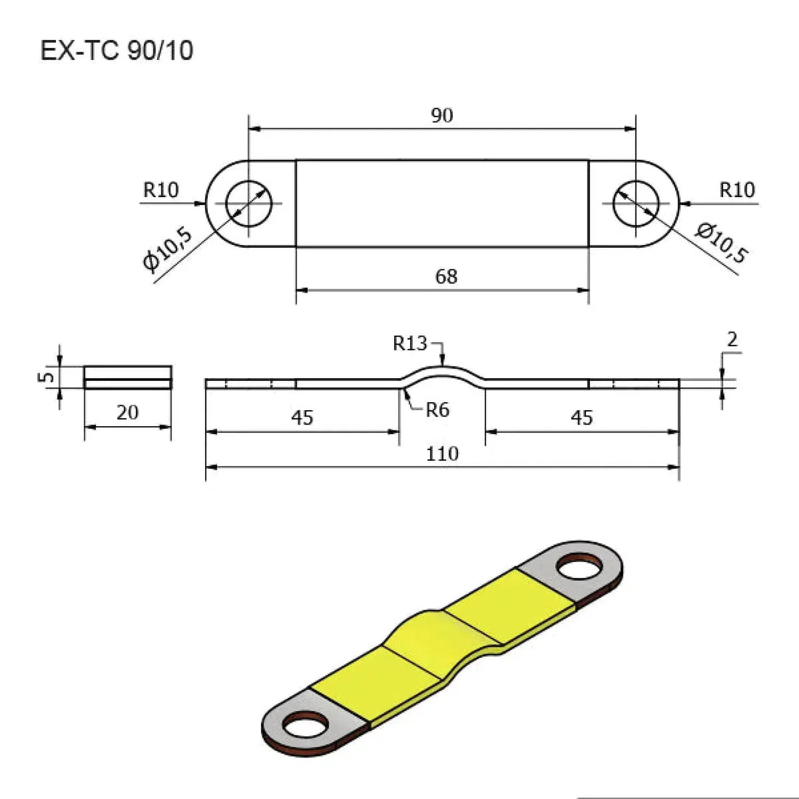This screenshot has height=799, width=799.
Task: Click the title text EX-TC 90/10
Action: tap(117, 51)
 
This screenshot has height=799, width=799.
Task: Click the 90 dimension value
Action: tap(442, 115)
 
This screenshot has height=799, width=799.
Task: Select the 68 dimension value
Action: tap(446, 276)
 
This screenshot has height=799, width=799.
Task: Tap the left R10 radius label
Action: tap(161, 190)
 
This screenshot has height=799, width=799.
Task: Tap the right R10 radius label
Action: tap(737, 190)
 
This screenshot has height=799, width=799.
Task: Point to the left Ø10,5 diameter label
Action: tap(168, 250)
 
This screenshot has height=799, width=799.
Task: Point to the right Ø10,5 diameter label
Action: tap(722, 243)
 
